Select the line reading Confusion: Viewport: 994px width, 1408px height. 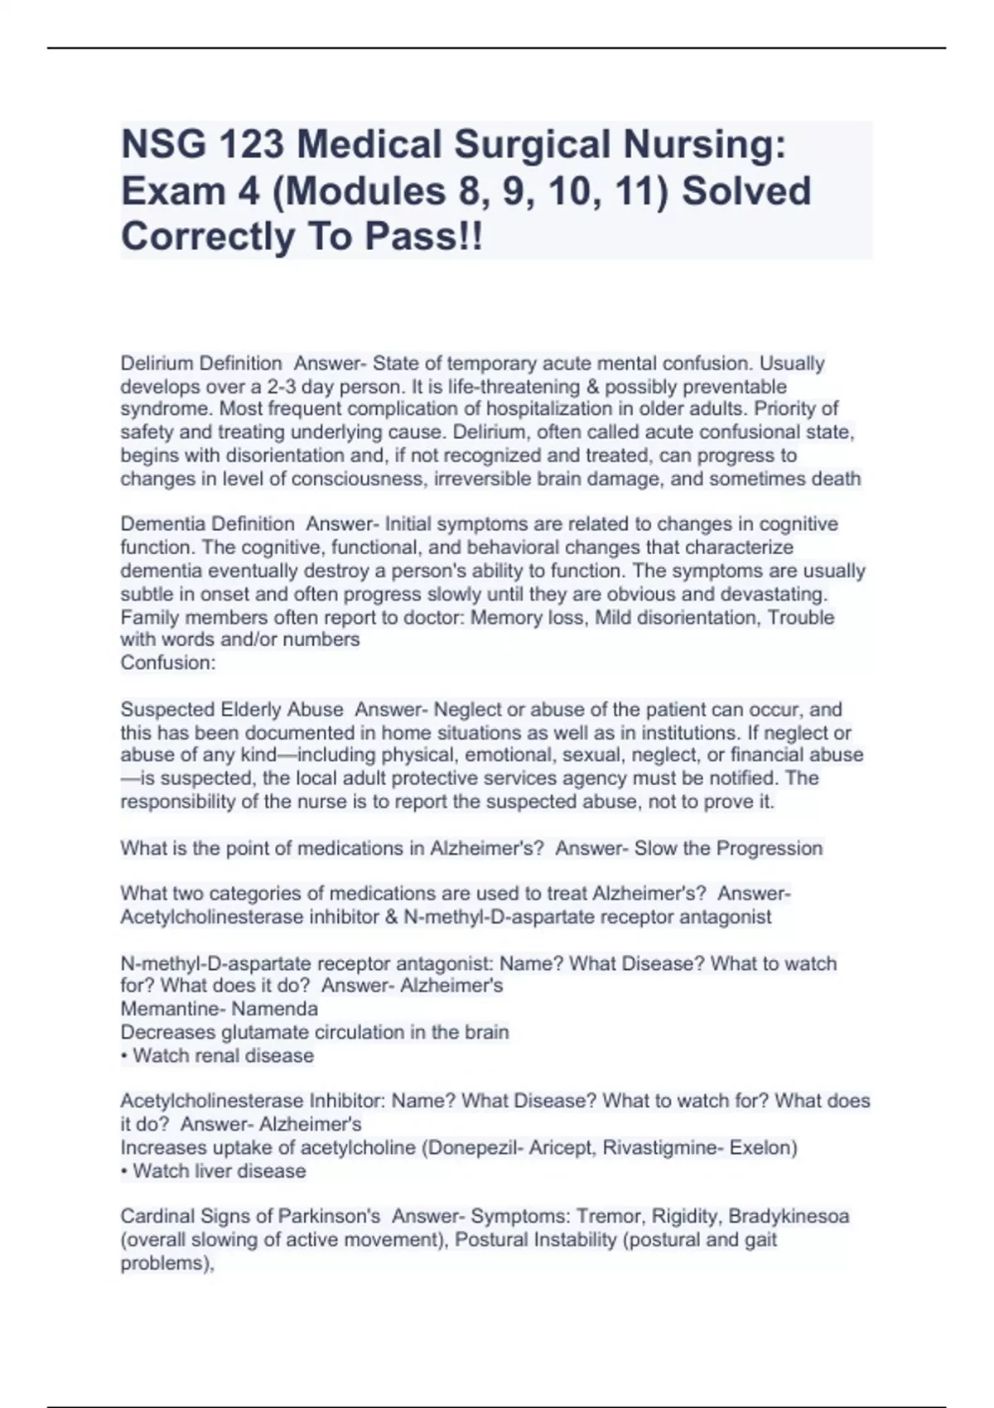click(x=168, y=663)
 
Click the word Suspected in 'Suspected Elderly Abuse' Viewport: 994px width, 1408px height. click(x=166, y=710)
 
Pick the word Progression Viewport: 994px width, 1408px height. click(x=770, y=849)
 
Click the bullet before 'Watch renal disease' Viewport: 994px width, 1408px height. click(x=124, y=1056)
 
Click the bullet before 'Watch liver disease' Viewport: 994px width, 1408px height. click(x=124, y=1171)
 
